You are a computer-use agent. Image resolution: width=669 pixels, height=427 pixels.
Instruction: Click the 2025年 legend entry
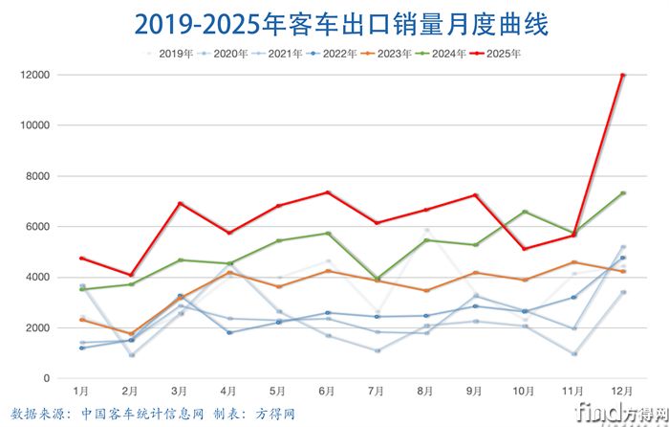pos(496,54)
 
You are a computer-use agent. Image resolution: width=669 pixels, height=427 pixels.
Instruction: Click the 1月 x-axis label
pos(82,393)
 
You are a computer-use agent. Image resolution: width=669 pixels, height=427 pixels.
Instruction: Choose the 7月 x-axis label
pos(377,393)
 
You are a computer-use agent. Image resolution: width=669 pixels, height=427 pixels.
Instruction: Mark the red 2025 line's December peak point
pos(622,75)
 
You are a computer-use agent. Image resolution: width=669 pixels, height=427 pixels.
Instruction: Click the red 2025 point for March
pos(180,203)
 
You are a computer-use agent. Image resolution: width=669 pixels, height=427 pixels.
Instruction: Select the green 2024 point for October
pos(524,212)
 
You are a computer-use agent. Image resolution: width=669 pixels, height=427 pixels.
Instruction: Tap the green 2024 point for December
pos(622,193)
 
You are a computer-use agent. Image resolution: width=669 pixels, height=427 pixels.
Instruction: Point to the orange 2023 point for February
pos(131,334)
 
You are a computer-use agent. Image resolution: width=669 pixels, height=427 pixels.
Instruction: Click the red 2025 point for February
pos(131,275)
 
